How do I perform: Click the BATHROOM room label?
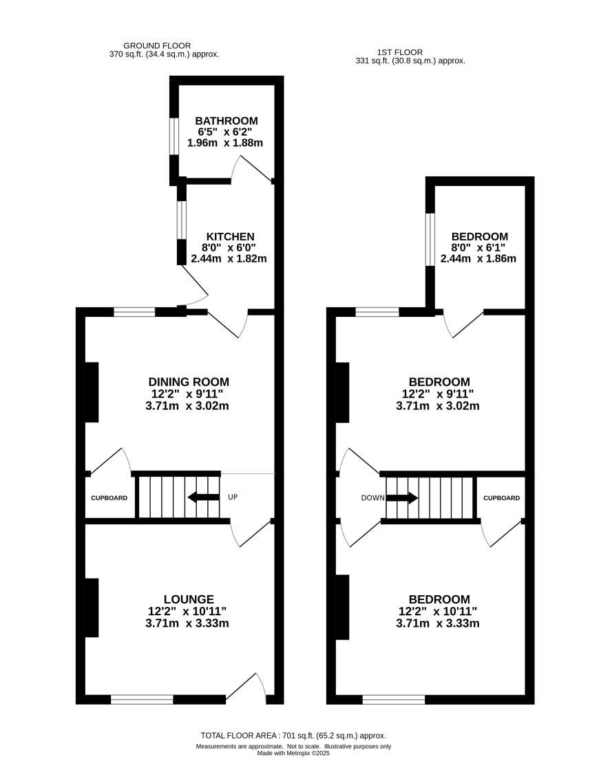(x=227, y=121)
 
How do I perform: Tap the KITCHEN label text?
(x=231, y=236)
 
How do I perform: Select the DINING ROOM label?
(x=189, y=382)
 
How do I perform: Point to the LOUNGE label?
(x=189, y=599)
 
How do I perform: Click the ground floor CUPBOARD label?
(x=109, y=498)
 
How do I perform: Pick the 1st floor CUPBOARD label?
(x=502, y=498)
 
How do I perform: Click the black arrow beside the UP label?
(x=203, y=497)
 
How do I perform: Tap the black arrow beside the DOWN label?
(x=402, y=498)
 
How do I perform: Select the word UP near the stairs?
(x=233, y=497)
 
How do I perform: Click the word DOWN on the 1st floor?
(x=372, y=498)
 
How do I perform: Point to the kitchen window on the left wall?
(x=182, y=220)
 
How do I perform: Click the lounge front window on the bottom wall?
(x=142, y=699)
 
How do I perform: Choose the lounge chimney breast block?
(x=92, y=608)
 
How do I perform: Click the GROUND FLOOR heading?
(x=157, y=46)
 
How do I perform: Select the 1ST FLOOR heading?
(x=400, y=52)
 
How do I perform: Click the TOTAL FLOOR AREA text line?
(x=293, y=736)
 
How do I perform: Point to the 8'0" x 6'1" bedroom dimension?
(x=478, y=247)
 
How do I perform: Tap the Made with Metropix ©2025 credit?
(x=293, y=753)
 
